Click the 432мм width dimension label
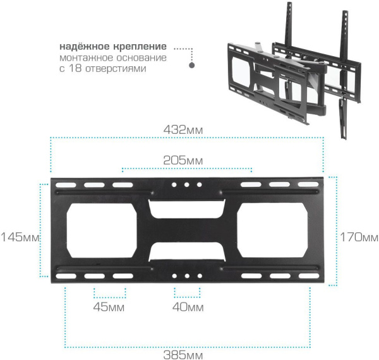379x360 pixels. pyautogui.click(x=186, y=129)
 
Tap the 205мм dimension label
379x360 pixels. pyautogui.click(x=186, y=160)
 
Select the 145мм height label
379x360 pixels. pyautogui.click(x=20, y=237)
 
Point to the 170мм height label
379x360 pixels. pyautogui.click(x=358, y=237)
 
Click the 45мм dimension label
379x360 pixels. pyautogui.click(x=109, y=308)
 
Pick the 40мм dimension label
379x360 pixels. pyautogui.click(x=188, y=308)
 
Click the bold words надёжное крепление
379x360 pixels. pyautogui.click(x=114, y=47)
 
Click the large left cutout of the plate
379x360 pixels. pyautogui.click(x=102, y=231)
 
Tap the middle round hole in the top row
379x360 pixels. pyautogui.click(x=187, y=186)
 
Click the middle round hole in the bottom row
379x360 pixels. pyautogui.click(x=187, y=276)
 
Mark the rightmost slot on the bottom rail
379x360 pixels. pyautogui.click(x=309, y=276)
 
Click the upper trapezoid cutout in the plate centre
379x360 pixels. pyautogui.click(x=187, y=209)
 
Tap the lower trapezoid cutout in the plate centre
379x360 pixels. pyautogui.click(x=187, y=252)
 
